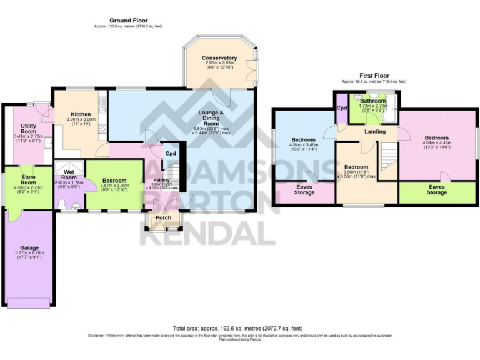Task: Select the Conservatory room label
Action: click(x=219, y=58)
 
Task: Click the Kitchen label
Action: click(x=81, y=114)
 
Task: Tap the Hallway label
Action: click(x=162, y=180)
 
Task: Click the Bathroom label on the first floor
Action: click(x=372, y=101)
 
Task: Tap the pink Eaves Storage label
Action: click(x=305, y=190)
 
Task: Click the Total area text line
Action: click(x=239, y=328)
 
